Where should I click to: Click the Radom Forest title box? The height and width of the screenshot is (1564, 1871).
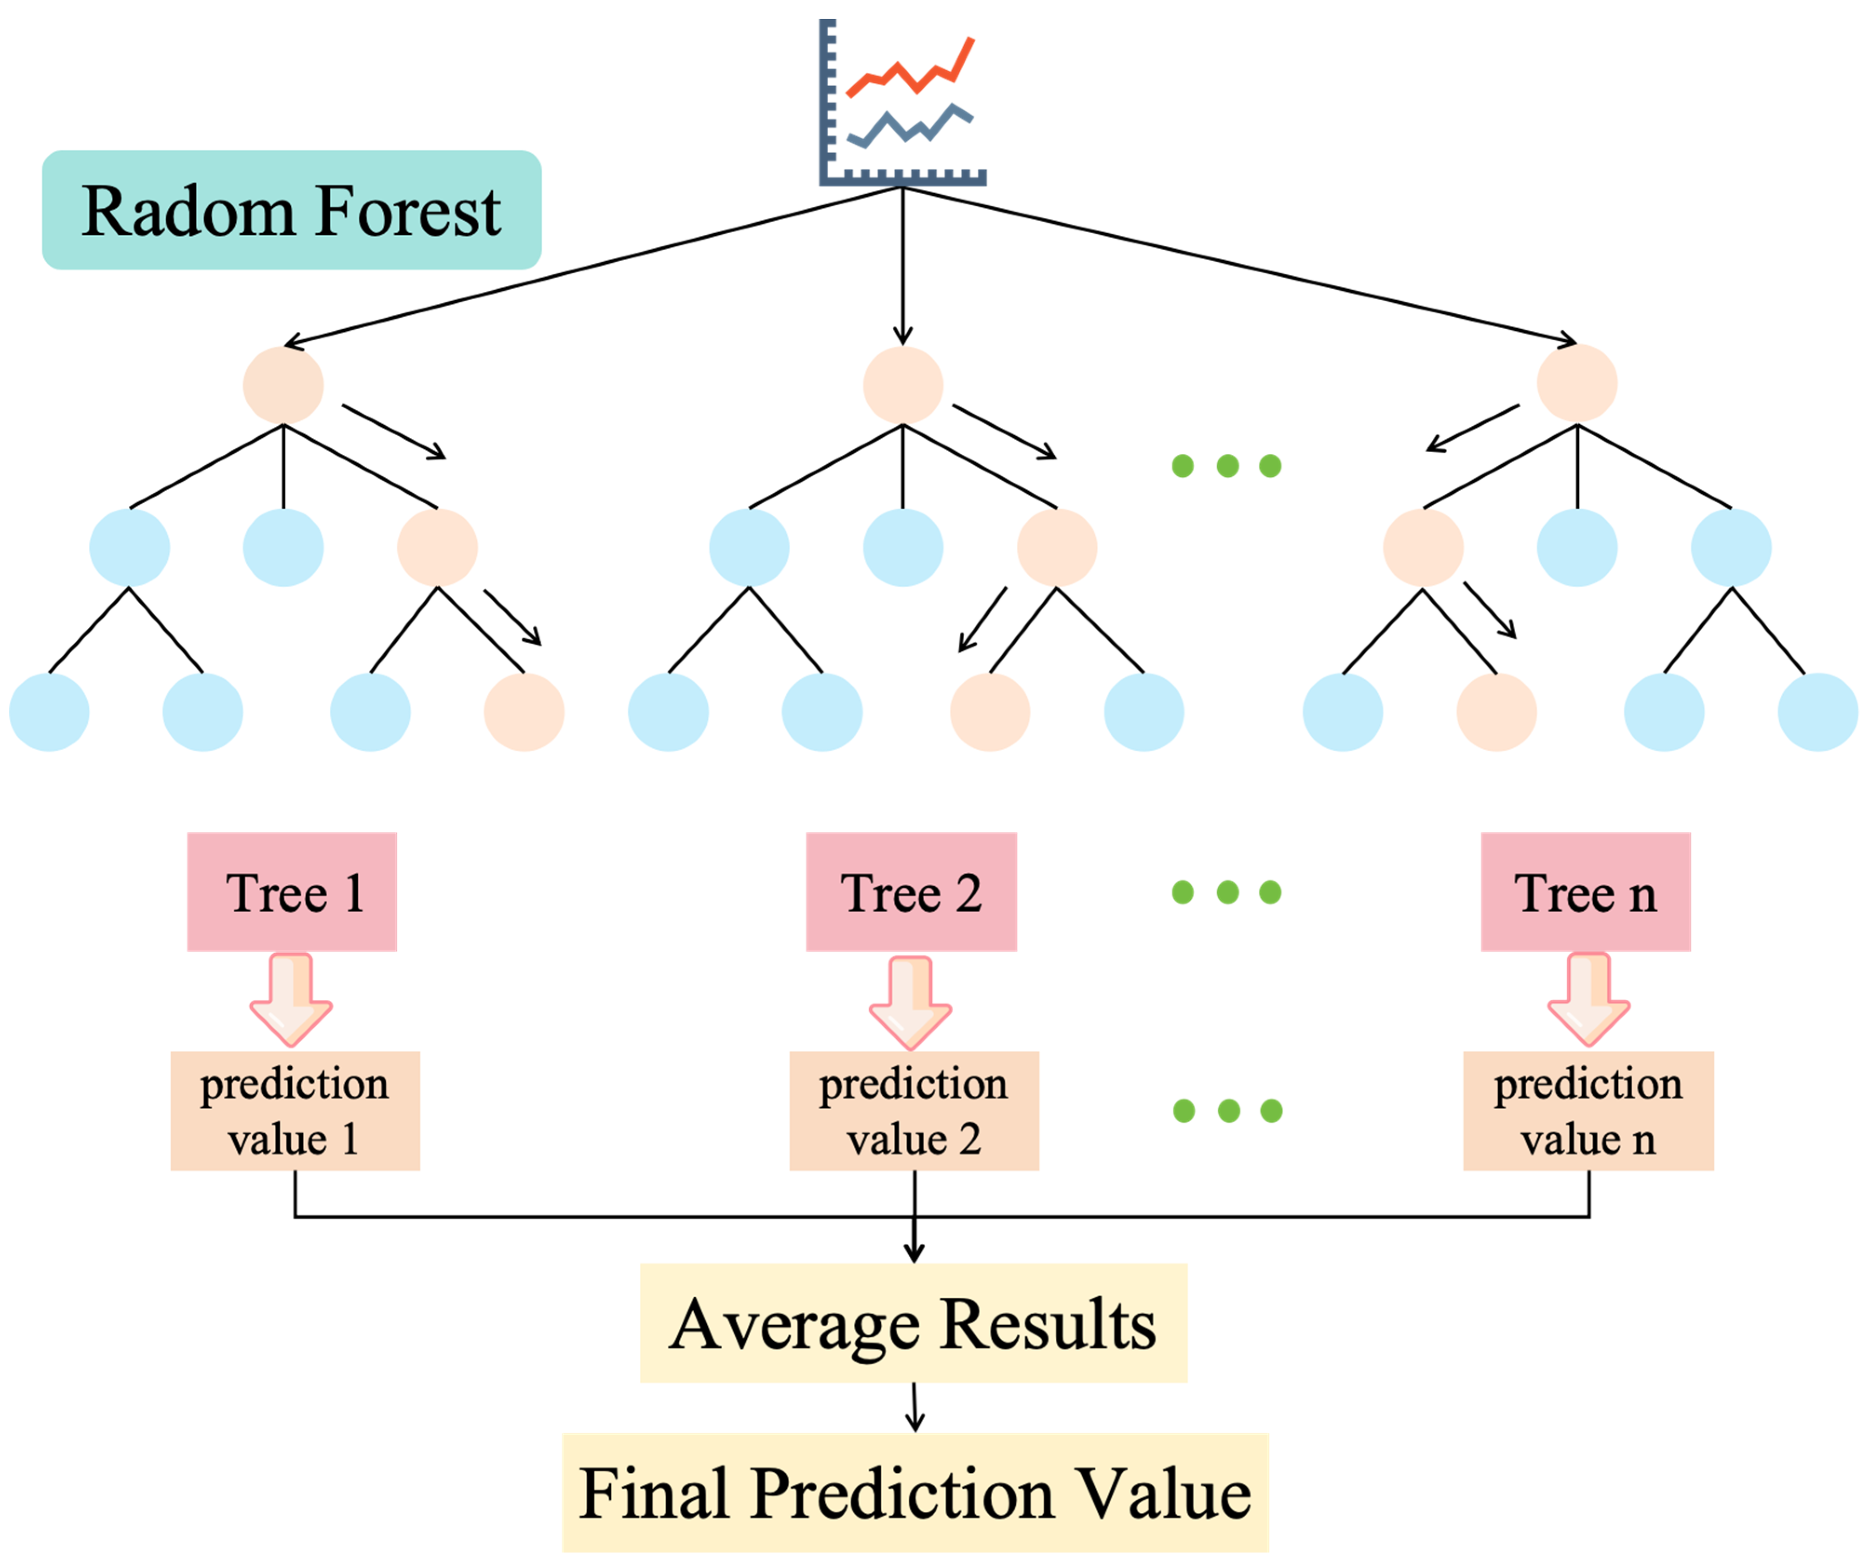(291, 210)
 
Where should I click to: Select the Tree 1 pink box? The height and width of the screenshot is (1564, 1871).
(291, 892)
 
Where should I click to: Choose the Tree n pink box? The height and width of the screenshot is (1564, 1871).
(1585, 892)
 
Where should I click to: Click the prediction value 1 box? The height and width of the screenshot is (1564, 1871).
(295, 1111)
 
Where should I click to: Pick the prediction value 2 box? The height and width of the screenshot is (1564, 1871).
(914, 1111)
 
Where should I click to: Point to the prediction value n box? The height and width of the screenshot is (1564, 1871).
(1588, 1111)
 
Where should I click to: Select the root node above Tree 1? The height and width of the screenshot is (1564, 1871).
(283, 385)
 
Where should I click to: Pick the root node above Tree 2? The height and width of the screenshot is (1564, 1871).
(903, 385)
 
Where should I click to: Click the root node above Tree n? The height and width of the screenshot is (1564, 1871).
(1577, 383)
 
